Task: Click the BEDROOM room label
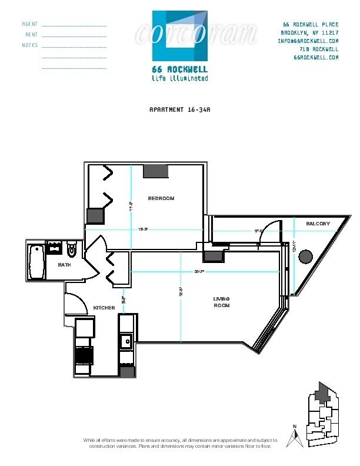(161, 198)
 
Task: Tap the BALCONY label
(318, 224)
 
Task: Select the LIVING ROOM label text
(221, 302)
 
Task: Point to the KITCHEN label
(104, 308)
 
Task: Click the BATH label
(65, 265)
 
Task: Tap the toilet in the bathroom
(72, 251)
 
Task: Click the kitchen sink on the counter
(126, 340)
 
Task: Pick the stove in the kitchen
(84, 355)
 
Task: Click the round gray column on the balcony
(305, 257)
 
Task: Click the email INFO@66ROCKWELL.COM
(308, 41)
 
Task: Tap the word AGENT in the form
(30, 25)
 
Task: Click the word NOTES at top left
(30, 45)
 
